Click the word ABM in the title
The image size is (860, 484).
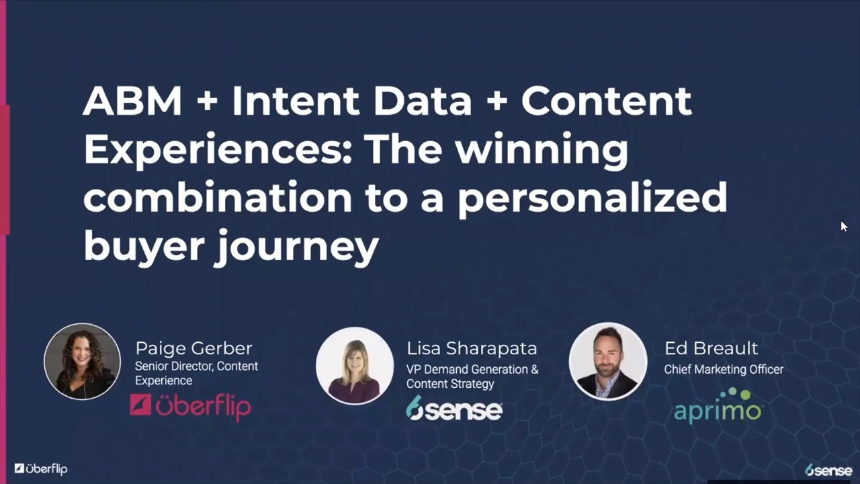(x=132, y=101)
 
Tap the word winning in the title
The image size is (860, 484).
(x=542, y=149)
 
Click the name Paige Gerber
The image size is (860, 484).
(x=193, y=348)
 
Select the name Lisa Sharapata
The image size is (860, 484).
(x=472, y=348)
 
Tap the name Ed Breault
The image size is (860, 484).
(x=711, y=348)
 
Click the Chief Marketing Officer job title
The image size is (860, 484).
(x=724, y=369)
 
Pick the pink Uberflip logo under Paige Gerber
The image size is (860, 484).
(x=190, y=407)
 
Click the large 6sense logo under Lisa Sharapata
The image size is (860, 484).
(x=454, y=408)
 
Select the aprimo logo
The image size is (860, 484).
(x=718, y=407)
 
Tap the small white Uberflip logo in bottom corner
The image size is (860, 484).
(x=41, y=469)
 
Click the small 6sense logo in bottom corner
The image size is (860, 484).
(x=828, y=470)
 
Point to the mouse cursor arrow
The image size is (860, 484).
(x=844, y=227)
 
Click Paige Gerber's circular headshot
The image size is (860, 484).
(x=82, y=362)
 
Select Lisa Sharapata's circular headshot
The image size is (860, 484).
(x=355, y=365)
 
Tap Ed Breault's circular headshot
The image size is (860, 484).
(x=608, y=361)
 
